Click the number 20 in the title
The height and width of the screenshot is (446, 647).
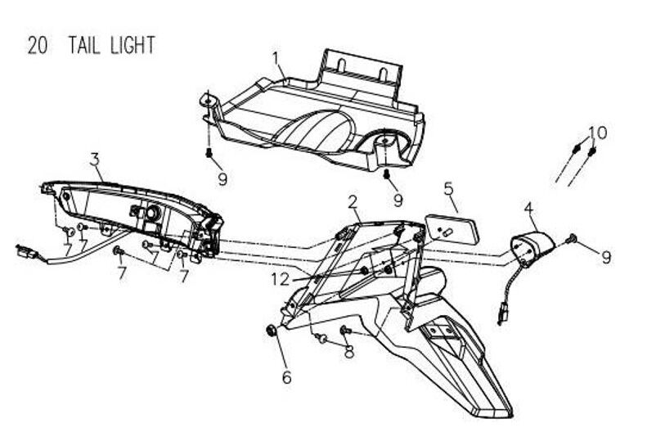[x=36, y=46]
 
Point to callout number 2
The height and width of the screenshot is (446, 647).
[x=353, y=201]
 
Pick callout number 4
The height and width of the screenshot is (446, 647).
[x=529, y=209]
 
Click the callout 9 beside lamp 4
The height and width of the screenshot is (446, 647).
[x=605, y=257]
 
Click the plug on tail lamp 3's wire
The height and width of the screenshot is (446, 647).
[x=22, y=251]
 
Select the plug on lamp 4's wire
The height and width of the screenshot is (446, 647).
[x=501, y=312]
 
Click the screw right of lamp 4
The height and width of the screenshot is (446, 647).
[x=571, y=239]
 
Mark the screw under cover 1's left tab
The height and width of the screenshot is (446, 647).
[x=209, y=153]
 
